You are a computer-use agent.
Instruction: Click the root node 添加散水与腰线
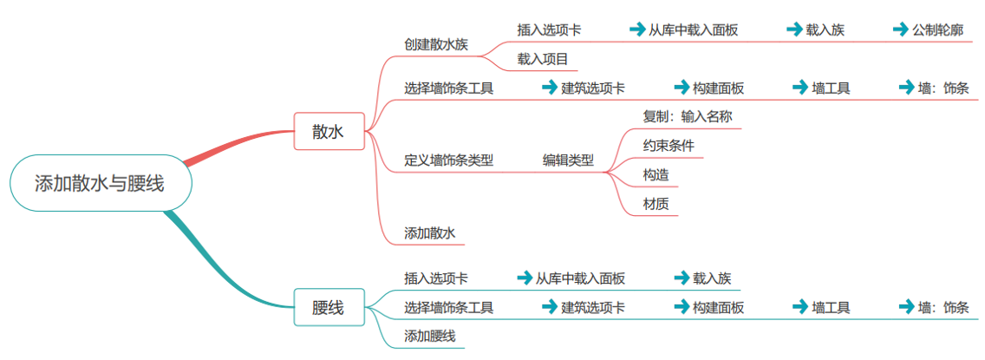click(x=100, y=183)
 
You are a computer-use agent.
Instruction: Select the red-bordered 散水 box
click(x=329, y=131)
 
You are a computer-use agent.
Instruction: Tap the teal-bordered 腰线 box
click(x=329, y=307)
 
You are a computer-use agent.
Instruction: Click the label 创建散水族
click(x=435, y=44)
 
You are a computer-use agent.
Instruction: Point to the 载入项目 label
click(x=543, y=59)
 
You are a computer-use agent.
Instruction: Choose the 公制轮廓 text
click(x=937, y=29)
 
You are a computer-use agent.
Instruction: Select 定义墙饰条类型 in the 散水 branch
click(x=448, y=160)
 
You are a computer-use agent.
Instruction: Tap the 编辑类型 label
click(x=568, y=160)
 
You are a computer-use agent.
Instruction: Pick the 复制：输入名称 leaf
click(x=681, y=116)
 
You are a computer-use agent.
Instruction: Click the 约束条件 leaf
click(x=669, y=146)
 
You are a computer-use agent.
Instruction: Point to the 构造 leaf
click(x=656, y=175)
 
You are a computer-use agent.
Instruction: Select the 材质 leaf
click(x=656, y=205)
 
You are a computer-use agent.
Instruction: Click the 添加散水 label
click(x=429, y=232)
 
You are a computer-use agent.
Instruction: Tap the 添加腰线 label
click(x=429, y=336)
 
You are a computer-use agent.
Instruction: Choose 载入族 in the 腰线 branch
click(x=712, y=278)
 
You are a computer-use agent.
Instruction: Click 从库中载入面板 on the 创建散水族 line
click(x=694, y=29)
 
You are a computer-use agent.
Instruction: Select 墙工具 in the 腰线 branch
click(x=831, y=307)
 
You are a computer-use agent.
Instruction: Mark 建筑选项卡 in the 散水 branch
click(x=593, y=88)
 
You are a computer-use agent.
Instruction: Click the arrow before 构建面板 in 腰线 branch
click(x=682, y=307)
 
